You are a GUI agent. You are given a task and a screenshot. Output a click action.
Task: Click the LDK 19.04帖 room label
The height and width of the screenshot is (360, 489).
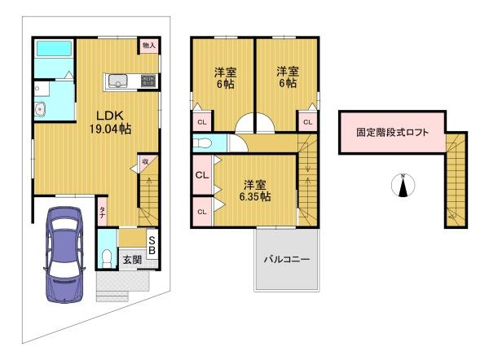pyautogui.click(x=110, y=122)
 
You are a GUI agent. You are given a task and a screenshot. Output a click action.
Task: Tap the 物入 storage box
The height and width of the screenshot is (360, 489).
pyautogui.click(x=149, y=46)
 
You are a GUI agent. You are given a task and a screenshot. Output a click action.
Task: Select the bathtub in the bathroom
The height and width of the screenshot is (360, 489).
pyautogui.click(x=55, y=49)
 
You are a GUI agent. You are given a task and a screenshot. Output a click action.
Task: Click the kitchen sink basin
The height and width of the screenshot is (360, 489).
pyautogui.click(x=117, y=81)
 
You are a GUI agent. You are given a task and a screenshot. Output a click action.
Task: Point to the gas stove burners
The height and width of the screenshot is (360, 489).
pyautogui.click(x=148, y=81)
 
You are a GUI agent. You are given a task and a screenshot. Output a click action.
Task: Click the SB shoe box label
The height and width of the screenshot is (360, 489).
pyautogui.click(x=152, y=245)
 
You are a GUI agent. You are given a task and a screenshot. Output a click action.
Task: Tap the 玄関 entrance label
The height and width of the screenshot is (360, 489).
pyautogui.click(x=132, y=260)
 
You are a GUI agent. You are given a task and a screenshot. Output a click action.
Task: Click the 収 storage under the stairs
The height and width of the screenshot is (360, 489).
pyautogui.click(x=145, y=162)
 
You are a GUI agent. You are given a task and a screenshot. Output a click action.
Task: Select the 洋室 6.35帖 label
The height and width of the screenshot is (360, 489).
pyautogui.click(x=255, y=191)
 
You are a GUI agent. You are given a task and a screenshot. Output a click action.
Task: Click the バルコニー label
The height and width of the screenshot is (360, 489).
pyautogui.click(x=287, y=259)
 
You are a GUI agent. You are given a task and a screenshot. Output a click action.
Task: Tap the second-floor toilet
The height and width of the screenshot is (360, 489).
pyautogui.click(x=202, y=143)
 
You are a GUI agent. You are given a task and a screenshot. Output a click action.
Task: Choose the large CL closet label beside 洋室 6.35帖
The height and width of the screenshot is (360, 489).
pyautogui.click(x=202, y=175)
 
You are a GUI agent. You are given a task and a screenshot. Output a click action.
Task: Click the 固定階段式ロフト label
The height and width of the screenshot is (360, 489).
pyautogui.click(x=392, y=133)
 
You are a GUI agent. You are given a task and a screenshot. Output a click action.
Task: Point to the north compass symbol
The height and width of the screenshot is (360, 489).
pyautogui.click(x=403, y=185)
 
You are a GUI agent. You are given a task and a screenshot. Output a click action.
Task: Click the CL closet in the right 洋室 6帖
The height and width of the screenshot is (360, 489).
pyautogui.click(x=307, y=122)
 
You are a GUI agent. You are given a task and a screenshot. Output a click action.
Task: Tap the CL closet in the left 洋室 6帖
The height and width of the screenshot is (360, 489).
pyautogui.click(x=202, y=122)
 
